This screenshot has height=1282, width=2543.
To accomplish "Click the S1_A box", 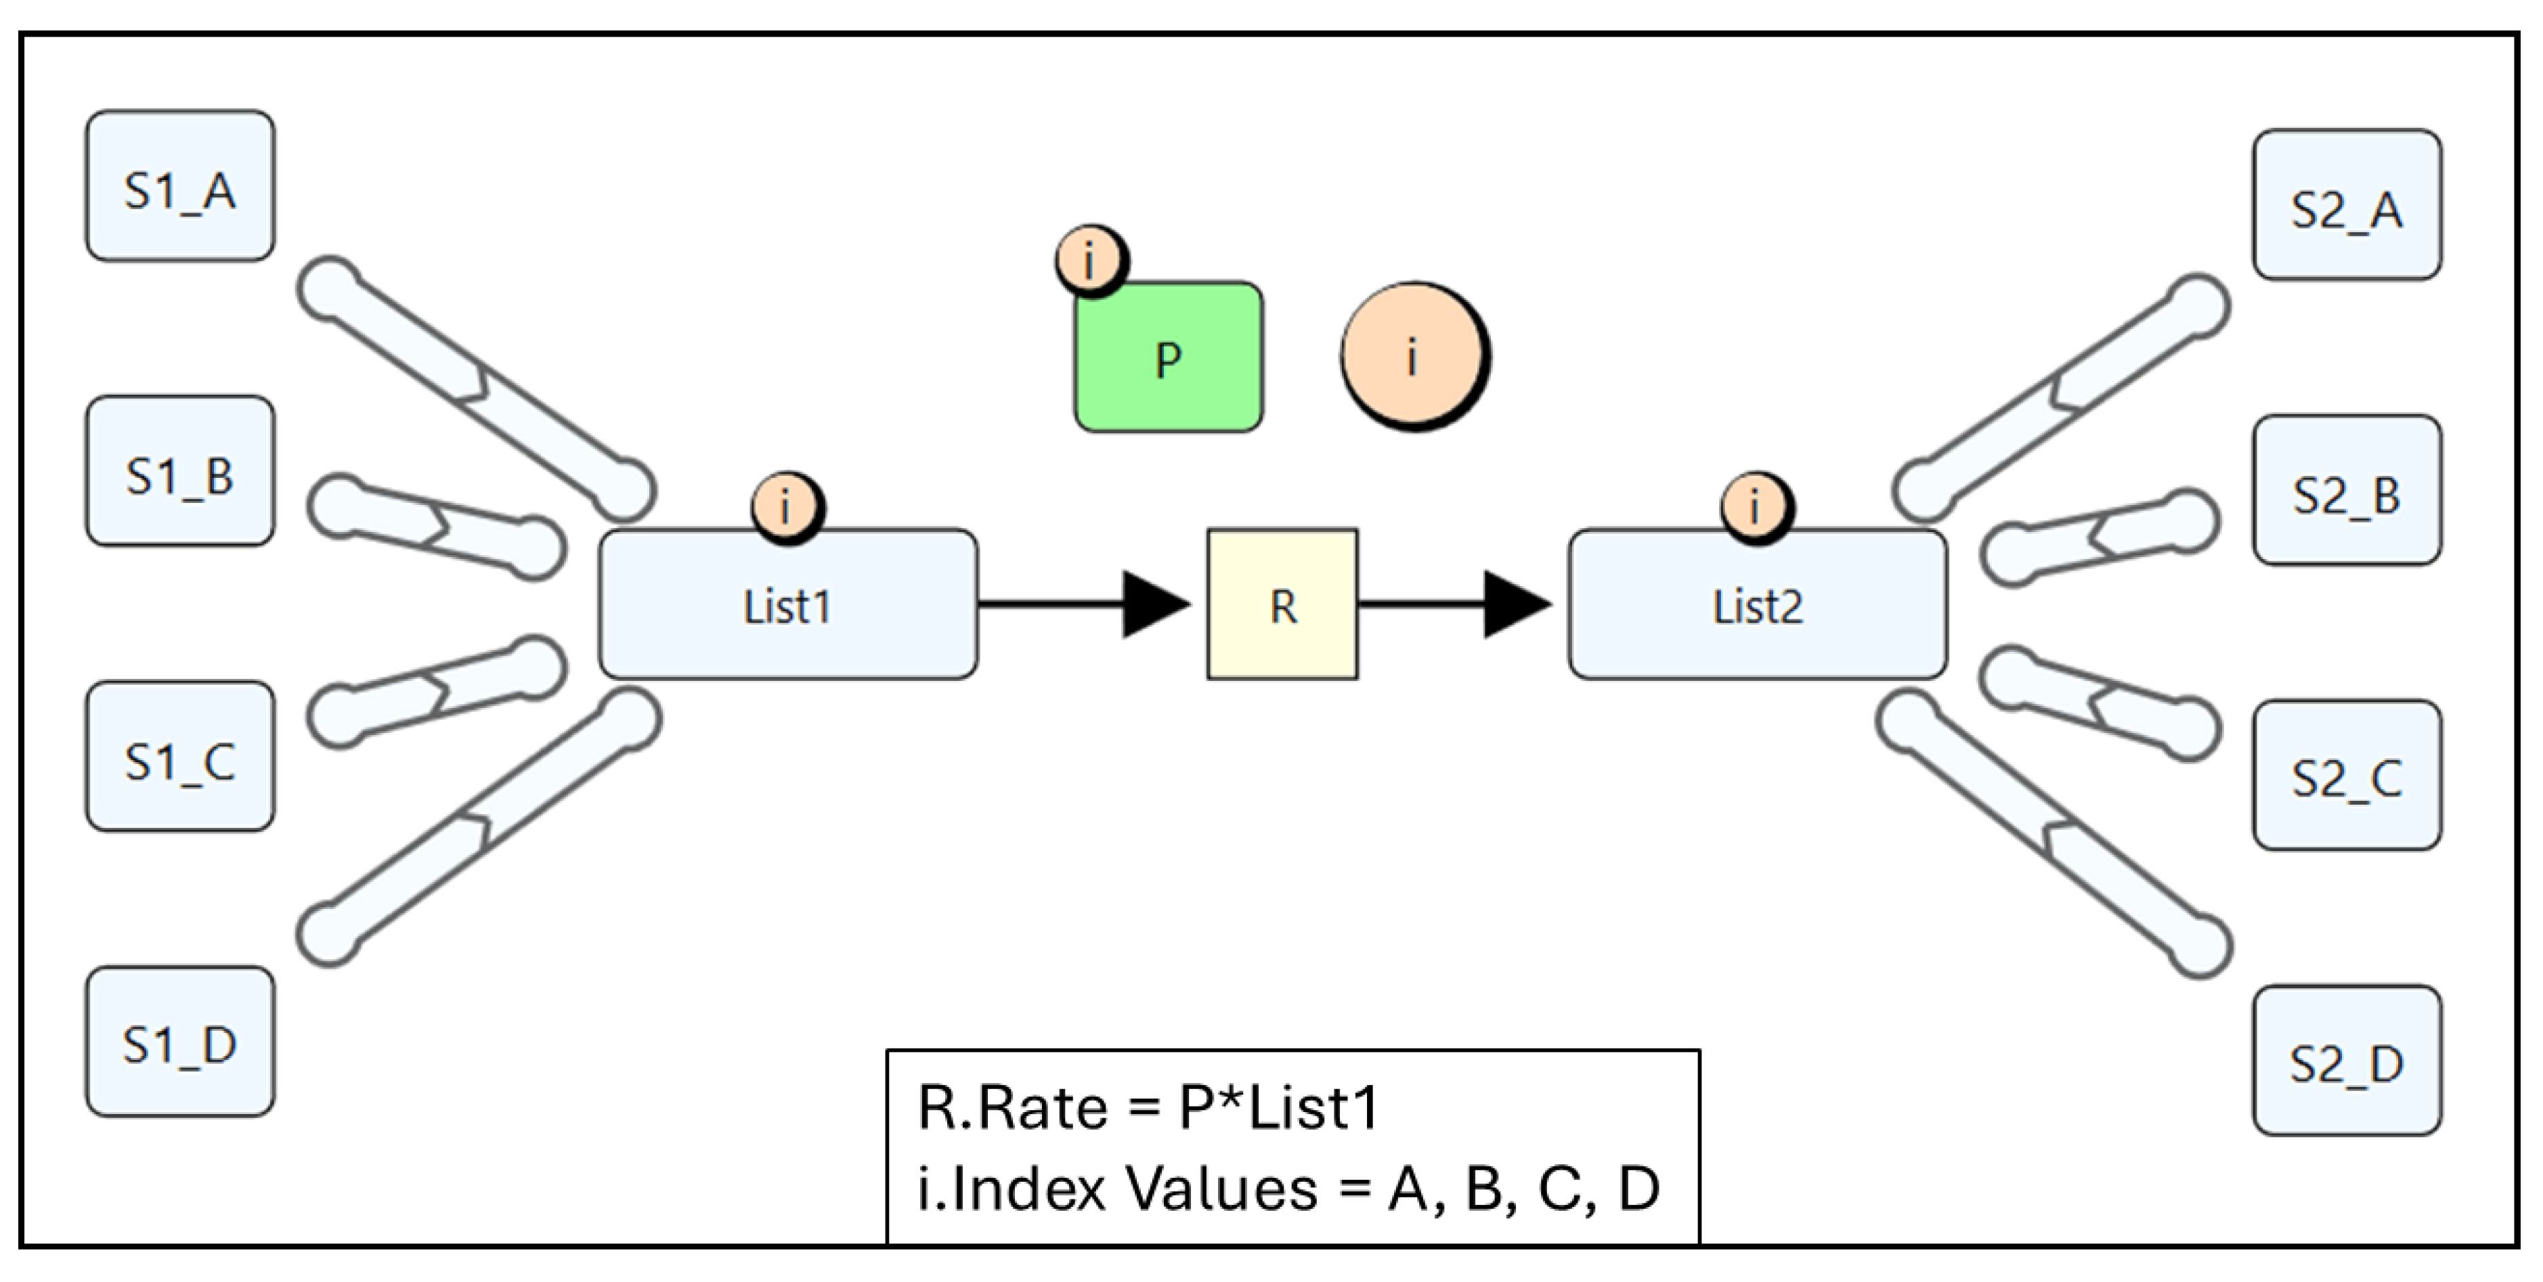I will coord(179,187).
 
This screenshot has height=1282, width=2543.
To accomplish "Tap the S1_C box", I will coord(179,757).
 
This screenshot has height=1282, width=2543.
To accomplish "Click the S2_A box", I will coord(2347,205).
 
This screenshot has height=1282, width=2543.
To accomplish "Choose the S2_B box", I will coord(2347,491).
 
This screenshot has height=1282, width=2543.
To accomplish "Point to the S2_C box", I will coord(2347,776).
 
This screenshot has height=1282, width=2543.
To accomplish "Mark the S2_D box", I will coord(2347,1061).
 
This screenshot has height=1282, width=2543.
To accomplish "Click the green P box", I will coord(1168,358).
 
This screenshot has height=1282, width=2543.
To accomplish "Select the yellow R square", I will coord(1282,604).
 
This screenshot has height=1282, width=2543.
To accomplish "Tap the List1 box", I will coord(788,604).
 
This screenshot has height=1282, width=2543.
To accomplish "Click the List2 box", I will coord(1757,604).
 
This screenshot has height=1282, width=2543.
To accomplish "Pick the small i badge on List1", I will coord(787,507).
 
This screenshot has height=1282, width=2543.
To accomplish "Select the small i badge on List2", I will coord(1756,507).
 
